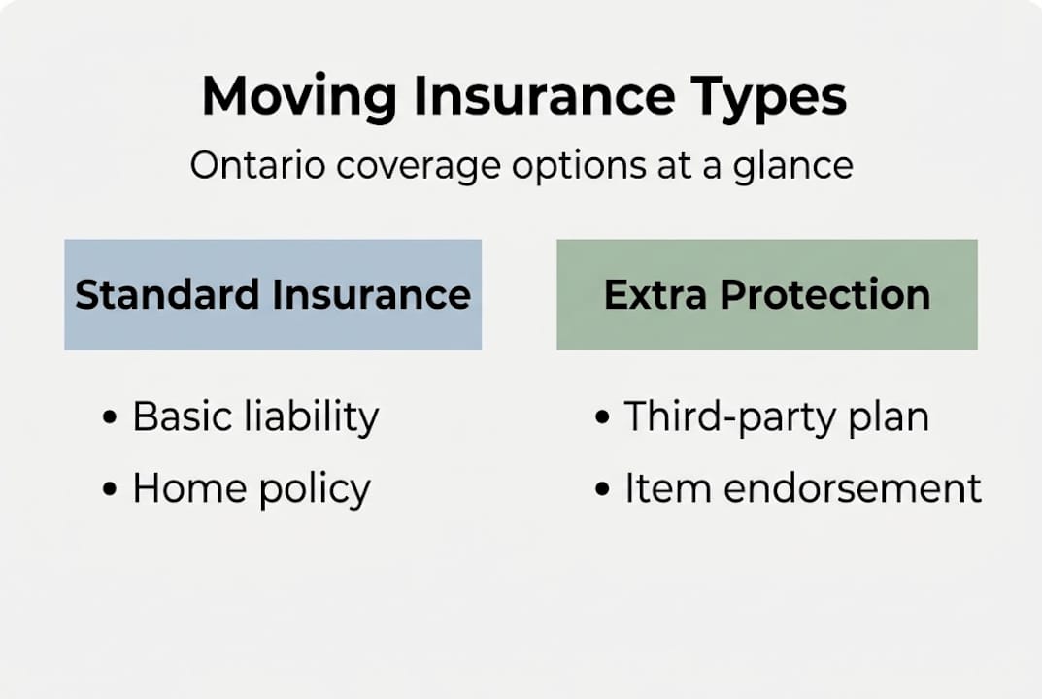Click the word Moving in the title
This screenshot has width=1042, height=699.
(299, 96)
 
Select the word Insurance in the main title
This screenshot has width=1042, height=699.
(544, 96)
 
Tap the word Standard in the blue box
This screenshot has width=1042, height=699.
(167, 294)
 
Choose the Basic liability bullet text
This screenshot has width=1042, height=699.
(255, 417)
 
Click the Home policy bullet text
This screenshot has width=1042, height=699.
(252, 488)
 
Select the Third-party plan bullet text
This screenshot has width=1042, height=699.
(776, 417)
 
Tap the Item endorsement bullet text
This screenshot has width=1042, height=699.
(802, 488)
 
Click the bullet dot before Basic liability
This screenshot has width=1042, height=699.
(110, 418)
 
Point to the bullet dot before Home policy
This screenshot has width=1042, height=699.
(110, 489)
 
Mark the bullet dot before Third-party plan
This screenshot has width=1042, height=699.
(602, 418)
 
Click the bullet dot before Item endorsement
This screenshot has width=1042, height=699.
(602, 489)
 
